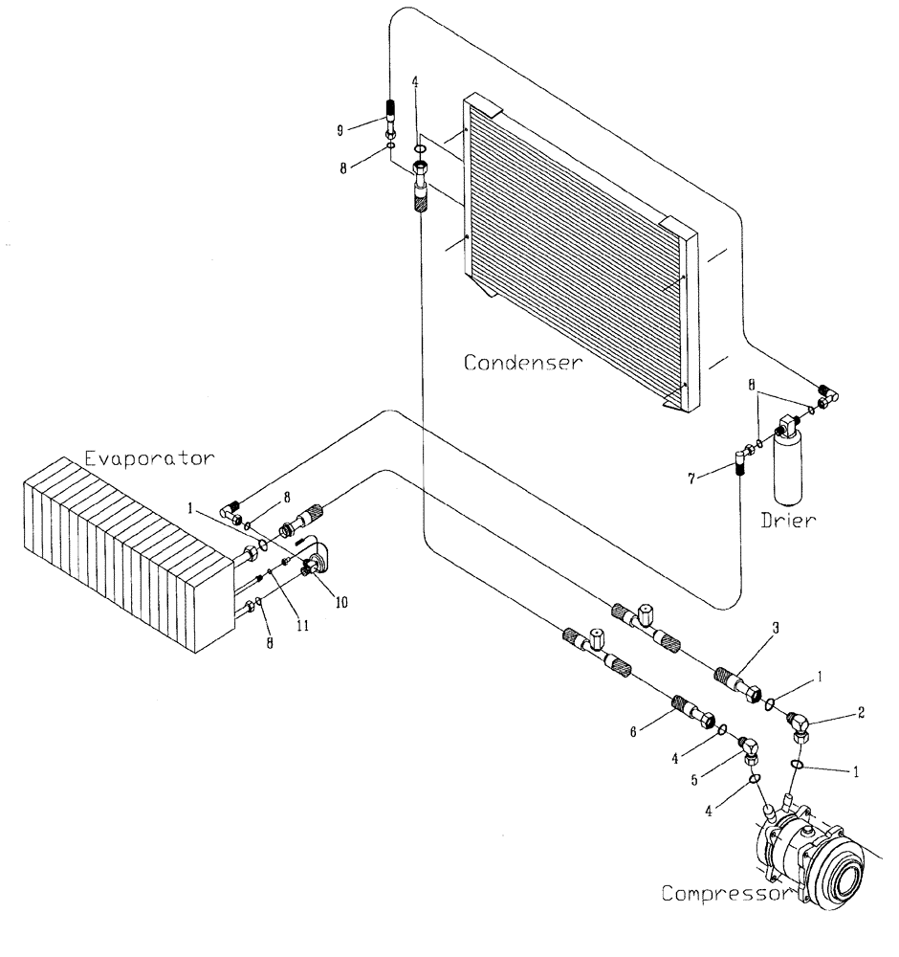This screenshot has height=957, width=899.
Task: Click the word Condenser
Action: pyautogui.click(x=521, y=363)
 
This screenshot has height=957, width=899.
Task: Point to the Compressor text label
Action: pyautogui.click(x=724, y=894)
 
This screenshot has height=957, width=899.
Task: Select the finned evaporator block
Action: pyautogui.click(x=124, y=555)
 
